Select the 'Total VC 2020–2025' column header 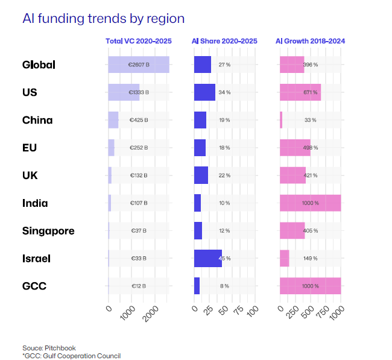coord(139,41)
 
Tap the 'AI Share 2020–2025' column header coord(224,41)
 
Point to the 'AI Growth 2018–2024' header coord(310,41)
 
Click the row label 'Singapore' coord(48,231)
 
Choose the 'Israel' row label coord(36,259)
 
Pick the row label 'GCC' coord(34,286)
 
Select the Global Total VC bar coord(138,65)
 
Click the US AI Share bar coord(204,92)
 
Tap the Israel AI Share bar coord(207,259)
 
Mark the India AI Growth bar coord(310,203)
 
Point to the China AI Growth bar coord(281,120)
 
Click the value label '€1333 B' coord(139,92)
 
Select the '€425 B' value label coord(139,120)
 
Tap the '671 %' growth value coord(310,92)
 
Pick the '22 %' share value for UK coord(224,175)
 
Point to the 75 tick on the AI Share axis coord(238,310)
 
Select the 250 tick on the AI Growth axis coord(292,311)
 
